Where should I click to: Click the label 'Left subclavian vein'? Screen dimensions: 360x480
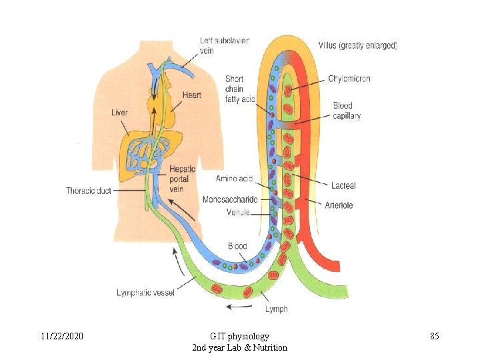[x=225, y=45]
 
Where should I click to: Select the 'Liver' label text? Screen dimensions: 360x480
[x=119, y=113]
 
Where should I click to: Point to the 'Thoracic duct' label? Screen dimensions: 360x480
[x=89, y=191]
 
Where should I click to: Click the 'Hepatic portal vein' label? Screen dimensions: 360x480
[x=183, y=179]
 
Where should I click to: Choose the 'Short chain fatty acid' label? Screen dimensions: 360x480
[x=239, y=89]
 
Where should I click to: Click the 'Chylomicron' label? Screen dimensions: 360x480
[x=349, y=79]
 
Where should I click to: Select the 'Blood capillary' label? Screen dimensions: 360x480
[x=347, y=110]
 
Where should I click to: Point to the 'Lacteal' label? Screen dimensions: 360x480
[x=343, y=185]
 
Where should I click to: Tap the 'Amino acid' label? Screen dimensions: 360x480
[x=233, y=179]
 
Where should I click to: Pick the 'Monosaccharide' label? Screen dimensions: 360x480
[x=230, y=199]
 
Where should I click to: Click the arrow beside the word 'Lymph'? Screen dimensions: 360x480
[x=239, y=307]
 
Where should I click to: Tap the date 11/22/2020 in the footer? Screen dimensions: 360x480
[x=61, y=336]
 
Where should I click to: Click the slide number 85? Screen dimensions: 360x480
[x=434, y=336]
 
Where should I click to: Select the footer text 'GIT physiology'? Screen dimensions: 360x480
[x=239, y=336]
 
